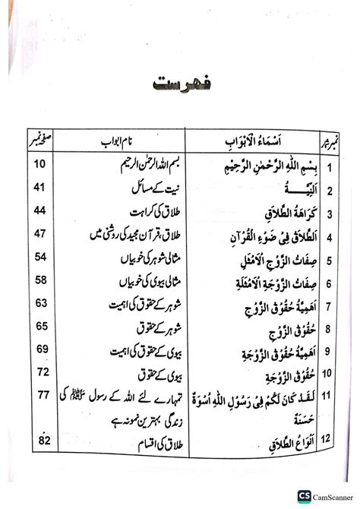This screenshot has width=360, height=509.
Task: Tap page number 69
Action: coord(40,349)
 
